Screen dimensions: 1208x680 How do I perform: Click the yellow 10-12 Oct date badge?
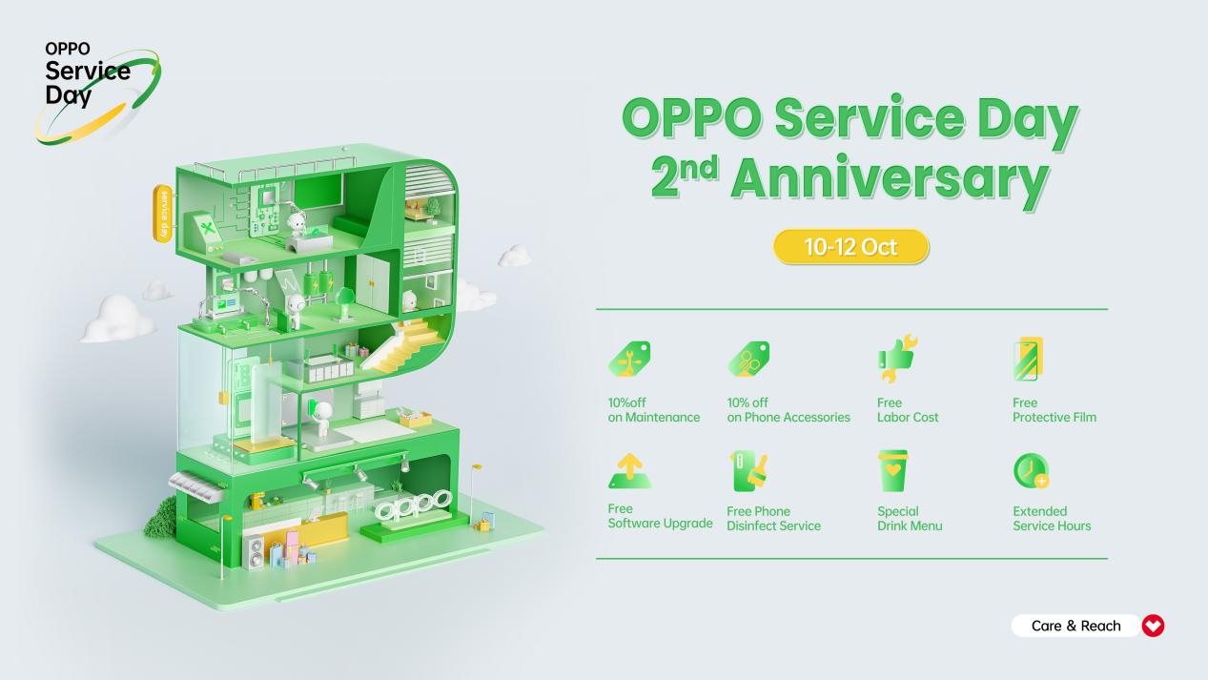tap(851, 247)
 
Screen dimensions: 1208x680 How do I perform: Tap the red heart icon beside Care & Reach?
tap(1153, 626)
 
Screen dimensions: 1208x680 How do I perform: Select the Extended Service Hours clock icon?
tap(1032, 471)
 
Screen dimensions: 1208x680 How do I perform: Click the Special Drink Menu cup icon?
tap(893, 471)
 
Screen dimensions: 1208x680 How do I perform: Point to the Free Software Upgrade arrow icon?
tap(629, 471)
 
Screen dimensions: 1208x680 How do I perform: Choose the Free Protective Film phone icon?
tap(1028, 359)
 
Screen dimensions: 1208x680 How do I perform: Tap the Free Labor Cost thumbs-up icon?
tap(897, 358)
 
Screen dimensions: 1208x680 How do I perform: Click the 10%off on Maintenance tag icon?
tap(629, 359)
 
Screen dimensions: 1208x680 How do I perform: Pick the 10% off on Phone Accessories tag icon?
tap(748, 359)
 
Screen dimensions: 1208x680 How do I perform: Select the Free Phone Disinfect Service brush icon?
tap(748, 471)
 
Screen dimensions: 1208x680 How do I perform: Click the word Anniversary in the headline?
tap(890, 179)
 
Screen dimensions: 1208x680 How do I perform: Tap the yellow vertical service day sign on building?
tap(163, 214)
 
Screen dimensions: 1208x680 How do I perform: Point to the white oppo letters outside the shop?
tap(413, 504)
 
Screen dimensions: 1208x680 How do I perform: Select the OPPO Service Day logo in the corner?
tap(97, 92)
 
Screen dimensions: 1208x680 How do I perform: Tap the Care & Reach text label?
tap(1075, 626)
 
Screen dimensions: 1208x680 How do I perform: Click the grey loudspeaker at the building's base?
tap(254, 551)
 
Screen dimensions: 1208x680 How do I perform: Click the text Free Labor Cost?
tap(908, 410)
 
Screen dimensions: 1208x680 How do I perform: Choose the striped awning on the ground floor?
tap(195, 485)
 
